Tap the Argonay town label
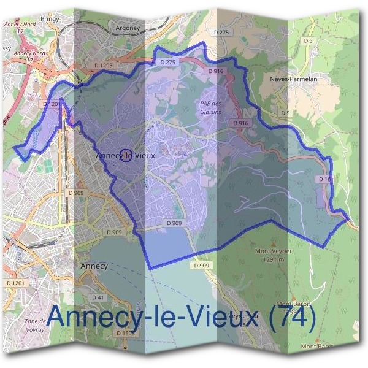(128, 28)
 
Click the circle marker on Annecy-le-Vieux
(126, 156)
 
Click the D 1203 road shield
(104, 64)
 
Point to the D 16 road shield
(325, 178)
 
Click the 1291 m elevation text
(273, 259)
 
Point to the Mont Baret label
(317, 347)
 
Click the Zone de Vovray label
(35, 326)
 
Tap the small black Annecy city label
(94, 266)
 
